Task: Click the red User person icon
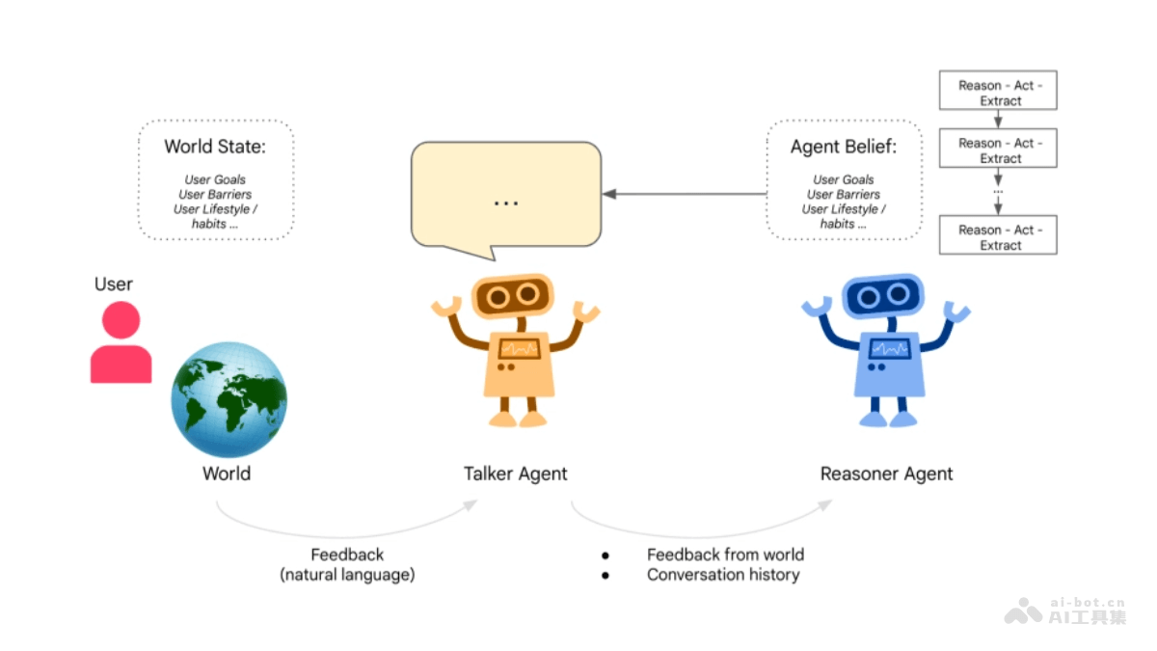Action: [121, 343]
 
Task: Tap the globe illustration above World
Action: [229, 399]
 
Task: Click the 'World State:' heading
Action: [214, 147]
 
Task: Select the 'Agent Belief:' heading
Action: [844, 147]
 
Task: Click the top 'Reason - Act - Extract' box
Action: [998, 93]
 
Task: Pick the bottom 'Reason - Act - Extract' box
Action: [998, 237]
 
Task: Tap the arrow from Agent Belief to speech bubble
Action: [685, 194]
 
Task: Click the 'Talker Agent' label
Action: [516, 474]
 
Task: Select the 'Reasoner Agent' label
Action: [886, 474]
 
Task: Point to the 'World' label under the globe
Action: [227, 474]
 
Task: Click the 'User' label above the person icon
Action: [114, 284]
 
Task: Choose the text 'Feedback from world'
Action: [725, 555]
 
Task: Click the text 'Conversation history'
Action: [723, 575]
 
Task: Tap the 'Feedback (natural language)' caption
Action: [347, 565]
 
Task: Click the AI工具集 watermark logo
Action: [1065, 611]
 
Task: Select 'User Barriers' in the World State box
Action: [215, 194]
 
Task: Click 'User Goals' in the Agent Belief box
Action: [844, 179]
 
